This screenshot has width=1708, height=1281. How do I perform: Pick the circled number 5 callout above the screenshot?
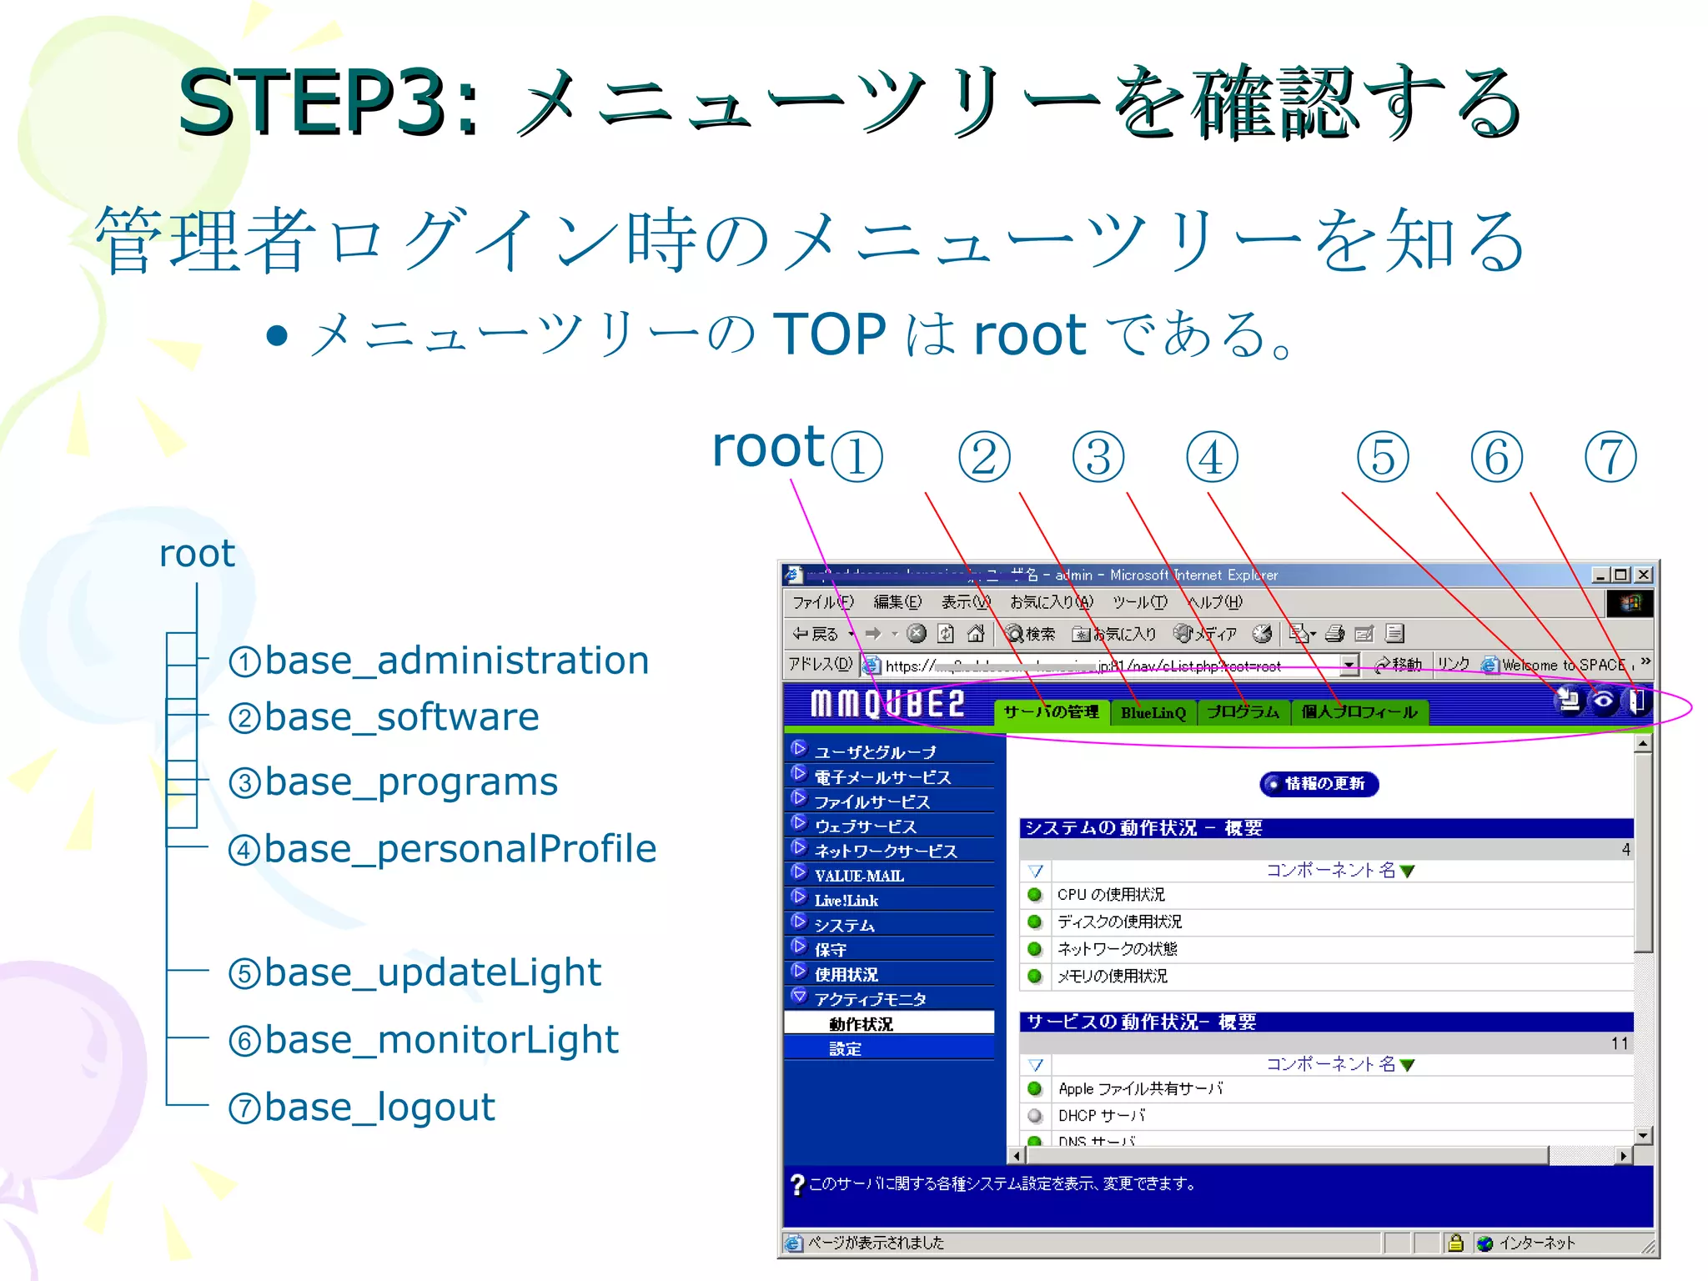click(1383, 457)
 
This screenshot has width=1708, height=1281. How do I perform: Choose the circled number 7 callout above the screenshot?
click(1610, 457)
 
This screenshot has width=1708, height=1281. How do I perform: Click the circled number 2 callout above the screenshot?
click(984, 457)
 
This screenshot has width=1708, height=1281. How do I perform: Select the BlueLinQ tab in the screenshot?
click(1153, 713)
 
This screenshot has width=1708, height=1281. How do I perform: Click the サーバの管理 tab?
click(1051, 712)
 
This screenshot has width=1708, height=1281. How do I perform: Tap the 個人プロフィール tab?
click(1359, 712)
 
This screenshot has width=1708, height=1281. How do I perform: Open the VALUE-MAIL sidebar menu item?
click(859, 876)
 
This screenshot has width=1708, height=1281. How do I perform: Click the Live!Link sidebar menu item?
click(846, 901)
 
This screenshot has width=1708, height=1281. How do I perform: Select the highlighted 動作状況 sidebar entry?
click(861, 1024)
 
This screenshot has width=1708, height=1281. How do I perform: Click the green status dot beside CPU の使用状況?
click(1035, 895)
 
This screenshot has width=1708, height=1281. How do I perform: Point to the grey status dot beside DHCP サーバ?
click(1035, 1116)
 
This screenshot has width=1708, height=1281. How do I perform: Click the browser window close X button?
click(1643, 575)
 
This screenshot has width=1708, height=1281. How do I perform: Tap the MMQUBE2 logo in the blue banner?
click(887, 705)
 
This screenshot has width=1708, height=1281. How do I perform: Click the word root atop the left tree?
click(197, 554)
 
